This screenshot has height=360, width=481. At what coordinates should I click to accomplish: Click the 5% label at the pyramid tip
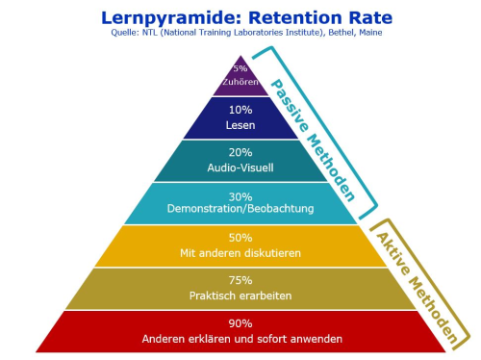[240, 67]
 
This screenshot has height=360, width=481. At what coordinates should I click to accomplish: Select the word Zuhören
[240, 83]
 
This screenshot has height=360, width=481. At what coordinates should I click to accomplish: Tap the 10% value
[240, 110]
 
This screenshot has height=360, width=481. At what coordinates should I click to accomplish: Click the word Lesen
[240, 125]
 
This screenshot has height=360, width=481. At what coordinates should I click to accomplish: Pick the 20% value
[240, 152]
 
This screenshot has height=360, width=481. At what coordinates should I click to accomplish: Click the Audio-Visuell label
[240, 167]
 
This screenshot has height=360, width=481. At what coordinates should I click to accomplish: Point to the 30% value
[240, 195]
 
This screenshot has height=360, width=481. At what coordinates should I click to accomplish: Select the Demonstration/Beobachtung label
[240, 210]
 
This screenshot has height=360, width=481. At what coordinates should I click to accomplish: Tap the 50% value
[240, 237]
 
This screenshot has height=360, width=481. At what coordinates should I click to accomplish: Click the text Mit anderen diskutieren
[240, 253]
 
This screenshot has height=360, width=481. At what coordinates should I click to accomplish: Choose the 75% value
[240, 280]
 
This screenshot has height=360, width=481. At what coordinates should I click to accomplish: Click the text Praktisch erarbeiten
[240, 296]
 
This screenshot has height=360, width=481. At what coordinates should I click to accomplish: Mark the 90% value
[240, 323]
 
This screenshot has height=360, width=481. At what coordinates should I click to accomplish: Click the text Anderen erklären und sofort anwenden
[240, 339]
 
